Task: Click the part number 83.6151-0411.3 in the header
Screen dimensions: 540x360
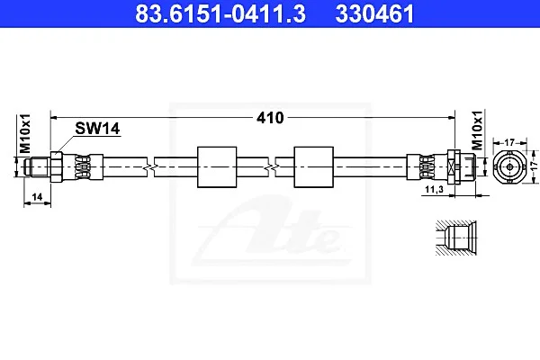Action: [220, 13]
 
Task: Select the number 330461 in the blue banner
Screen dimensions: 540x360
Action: [374, 13]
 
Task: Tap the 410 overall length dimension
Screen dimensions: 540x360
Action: [270, 118]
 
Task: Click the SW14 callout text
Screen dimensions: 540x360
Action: [97, 129]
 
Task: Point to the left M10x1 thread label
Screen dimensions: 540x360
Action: [25, 133]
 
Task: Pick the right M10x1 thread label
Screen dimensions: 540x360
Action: [477, 130]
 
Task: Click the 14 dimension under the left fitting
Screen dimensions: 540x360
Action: [37, 197]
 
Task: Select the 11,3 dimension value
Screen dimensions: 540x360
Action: [435, 189]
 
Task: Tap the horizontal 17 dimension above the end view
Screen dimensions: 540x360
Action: [509, 142]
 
